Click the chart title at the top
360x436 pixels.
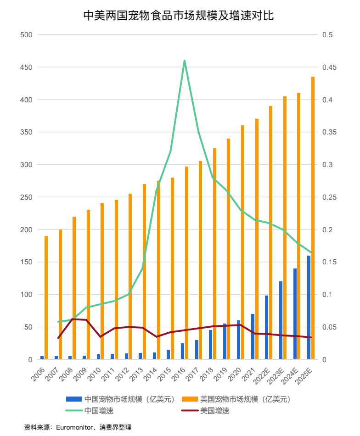tap(179, 16)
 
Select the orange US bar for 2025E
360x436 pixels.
tap(313, 218)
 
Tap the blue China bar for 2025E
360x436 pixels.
tap(309, 307)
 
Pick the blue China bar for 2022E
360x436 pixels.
tap(266, 327)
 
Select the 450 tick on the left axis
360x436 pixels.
tap(26, 67)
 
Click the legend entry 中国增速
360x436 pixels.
tap(99, 411)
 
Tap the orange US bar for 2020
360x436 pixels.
tap(242, 242)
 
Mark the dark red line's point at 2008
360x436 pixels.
tap(73, 319)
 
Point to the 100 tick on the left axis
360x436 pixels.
tap(26, 295)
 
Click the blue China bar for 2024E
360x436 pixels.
tap(295, 314)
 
